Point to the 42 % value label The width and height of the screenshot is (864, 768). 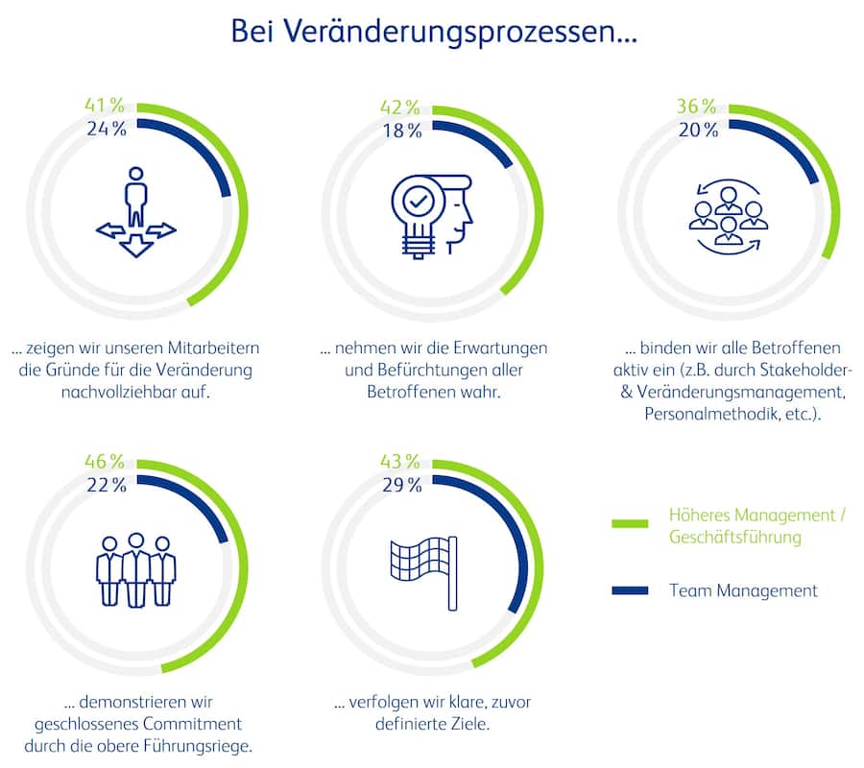(x=400, y=108)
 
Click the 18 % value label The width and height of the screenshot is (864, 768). (x=401, y=131)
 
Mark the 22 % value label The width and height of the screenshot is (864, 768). (x=106, y=485)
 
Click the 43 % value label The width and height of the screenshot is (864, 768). (x=400, y=462)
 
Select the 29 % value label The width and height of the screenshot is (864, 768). (x=401, y=485)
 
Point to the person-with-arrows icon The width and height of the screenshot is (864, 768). (x=136, y=213)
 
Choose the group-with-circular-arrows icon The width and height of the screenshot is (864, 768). (x=728, y=218)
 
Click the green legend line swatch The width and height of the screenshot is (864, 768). (x=634, y=524)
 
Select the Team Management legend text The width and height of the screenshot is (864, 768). (x=743, y=590)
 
